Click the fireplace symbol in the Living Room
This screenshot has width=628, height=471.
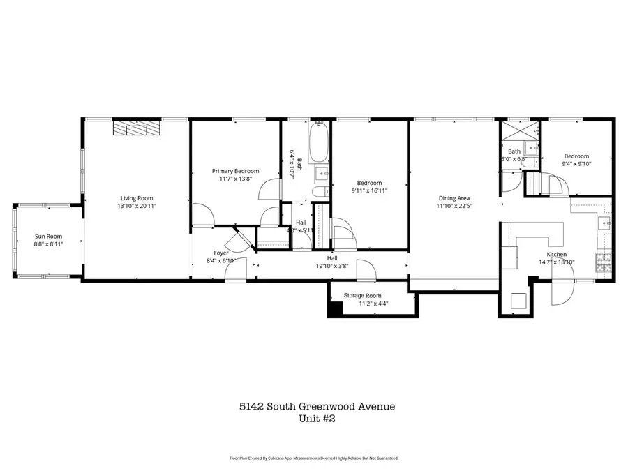[x=137, y=128]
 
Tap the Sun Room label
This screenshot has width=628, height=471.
[x=49, y=237]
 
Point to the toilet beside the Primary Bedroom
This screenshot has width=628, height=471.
[x=320, y=192]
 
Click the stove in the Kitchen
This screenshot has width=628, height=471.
[x=604, y=262]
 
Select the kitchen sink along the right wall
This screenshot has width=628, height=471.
[x=605, y=223]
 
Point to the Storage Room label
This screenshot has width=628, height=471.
[x=362, y=296]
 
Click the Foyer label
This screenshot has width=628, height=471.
[x=221, y=253]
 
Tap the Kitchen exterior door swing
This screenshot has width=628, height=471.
[x=560, y=293]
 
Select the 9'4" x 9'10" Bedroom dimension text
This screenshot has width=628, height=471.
[x=576, y=165]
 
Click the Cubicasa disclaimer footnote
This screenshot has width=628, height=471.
[x=313, y=458]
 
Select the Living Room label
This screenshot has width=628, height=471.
[x=137, y=198]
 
